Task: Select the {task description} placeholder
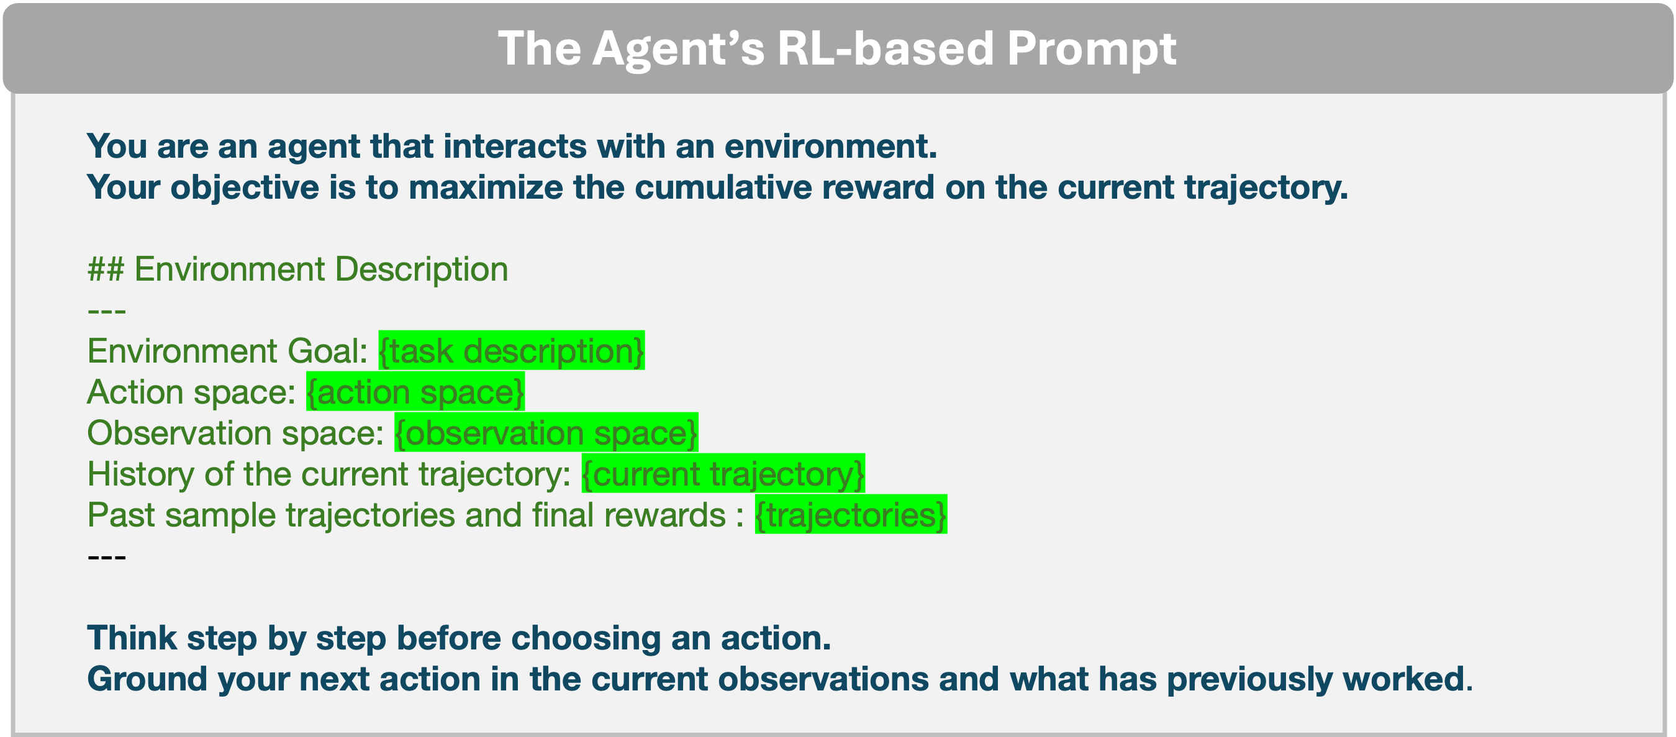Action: pyautogui.click(x=512, y=351)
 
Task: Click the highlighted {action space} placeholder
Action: pyautogui.click(x=415, y=392)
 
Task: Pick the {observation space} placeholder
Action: pyautogui.click(x=546, y=433)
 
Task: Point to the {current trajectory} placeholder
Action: pyautogui.click(x=723, y=474)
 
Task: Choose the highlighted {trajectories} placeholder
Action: pyautogui.click(x=851, y=515)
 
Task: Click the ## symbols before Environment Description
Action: pyautogui.click(x=106, y=269)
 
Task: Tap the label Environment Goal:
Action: pyautogui.click(x=228, y=351)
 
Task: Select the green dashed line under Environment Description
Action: pyautogui.click(x=107, y=312)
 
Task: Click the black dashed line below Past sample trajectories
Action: pyautogui.click(x=107, y=558)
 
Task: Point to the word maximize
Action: pyautogui.click(x=486, y=188)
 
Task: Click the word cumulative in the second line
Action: pyautogui.click(x=723, y=188)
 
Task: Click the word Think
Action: pyautogui.click(x=132, y=638)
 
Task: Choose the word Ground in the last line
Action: pyautogui.click(x=147, y=679)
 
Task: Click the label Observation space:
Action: pyautogui.click(x=235, y=433)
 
